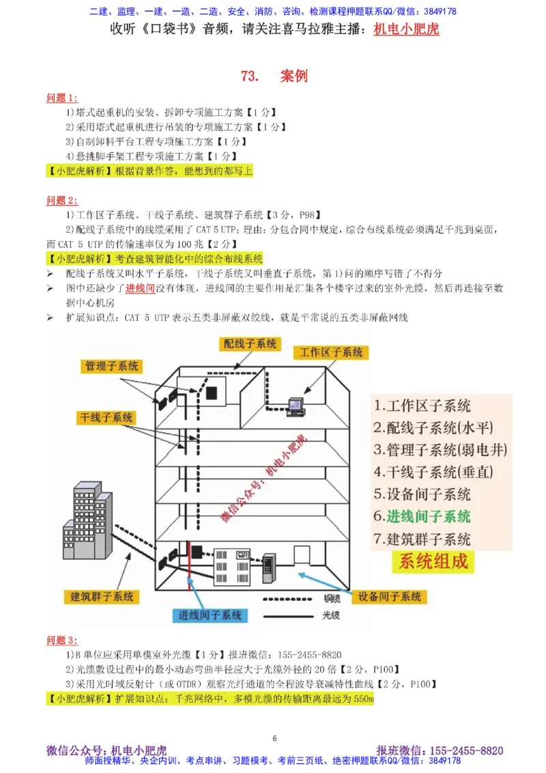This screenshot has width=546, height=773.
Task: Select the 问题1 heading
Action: click(62, 98)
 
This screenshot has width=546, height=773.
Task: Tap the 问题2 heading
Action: click(62, 200)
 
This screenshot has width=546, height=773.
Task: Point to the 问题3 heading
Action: click(62, 640)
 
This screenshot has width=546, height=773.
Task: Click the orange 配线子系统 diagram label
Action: click(250, 343)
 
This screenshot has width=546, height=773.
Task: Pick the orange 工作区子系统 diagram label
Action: click(331, 352)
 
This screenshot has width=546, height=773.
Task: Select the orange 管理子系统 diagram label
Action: click(111, 366)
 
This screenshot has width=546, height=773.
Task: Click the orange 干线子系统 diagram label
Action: click(106, 417)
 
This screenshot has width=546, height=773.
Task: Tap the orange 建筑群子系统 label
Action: click(102, 596)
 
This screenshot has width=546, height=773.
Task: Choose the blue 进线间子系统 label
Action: click(210, 615)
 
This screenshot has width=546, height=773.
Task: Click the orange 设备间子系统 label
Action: click(390, 596)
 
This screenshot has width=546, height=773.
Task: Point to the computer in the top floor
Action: click(296, 406)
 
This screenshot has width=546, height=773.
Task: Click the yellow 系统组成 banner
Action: click(434, 562)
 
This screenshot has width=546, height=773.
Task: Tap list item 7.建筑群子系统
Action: click(422, 538)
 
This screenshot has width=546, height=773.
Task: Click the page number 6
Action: click(274, 737)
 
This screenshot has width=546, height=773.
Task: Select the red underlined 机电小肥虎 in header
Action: click(407, 29)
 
